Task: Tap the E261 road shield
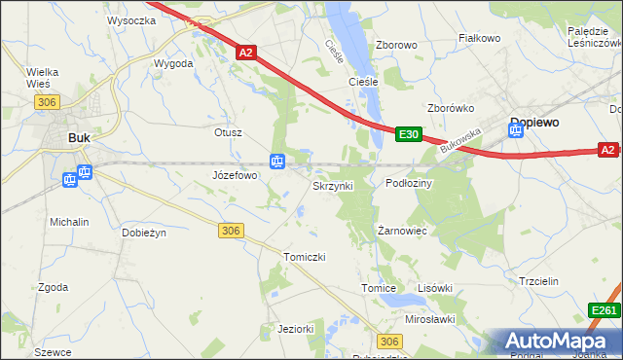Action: pos(605,310)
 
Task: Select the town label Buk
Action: pos(79,138)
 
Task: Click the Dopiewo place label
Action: pos(533,124)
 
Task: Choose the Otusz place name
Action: pos(228,131)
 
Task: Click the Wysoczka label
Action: pos(132,19)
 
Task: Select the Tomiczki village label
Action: pos(303,256)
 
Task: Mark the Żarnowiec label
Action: pos(403,231)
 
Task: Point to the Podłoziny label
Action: pos(409,183)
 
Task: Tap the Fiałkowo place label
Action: pos(479,38)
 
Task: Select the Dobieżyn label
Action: pos(144,233)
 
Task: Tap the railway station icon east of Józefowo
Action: pos(277,162)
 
